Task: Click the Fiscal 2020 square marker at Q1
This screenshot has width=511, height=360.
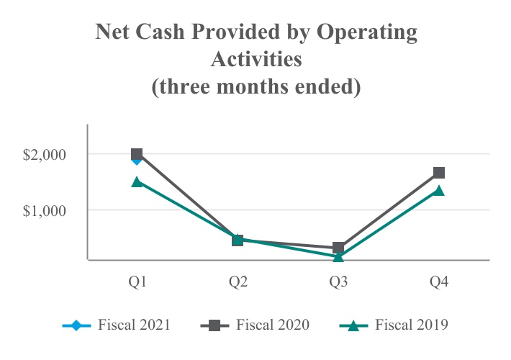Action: [x=137, y=154]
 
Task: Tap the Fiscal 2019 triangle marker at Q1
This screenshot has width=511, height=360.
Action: [x=137, y=182]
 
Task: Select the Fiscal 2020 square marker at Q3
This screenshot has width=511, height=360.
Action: [x=338, y=248]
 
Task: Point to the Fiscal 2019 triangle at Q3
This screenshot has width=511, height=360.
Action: [x=338, y=256]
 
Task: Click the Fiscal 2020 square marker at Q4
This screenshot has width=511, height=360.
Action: [x=439, y=173]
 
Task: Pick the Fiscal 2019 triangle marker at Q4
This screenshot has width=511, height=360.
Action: [x=439, y=191]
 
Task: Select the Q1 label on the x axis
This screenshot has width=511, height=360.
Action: [x=137, y=282]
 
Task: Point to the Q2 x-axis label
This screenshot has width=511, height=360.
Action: [x=238, y=282]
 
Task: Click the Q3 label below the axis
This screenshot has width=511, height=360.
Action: [x=338, y=282]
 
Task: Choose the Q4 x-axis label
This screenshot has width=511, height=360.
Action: [x=439, y=282]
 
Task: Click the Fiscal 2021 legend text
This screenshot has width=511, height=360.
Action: [x=137, y=325]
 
